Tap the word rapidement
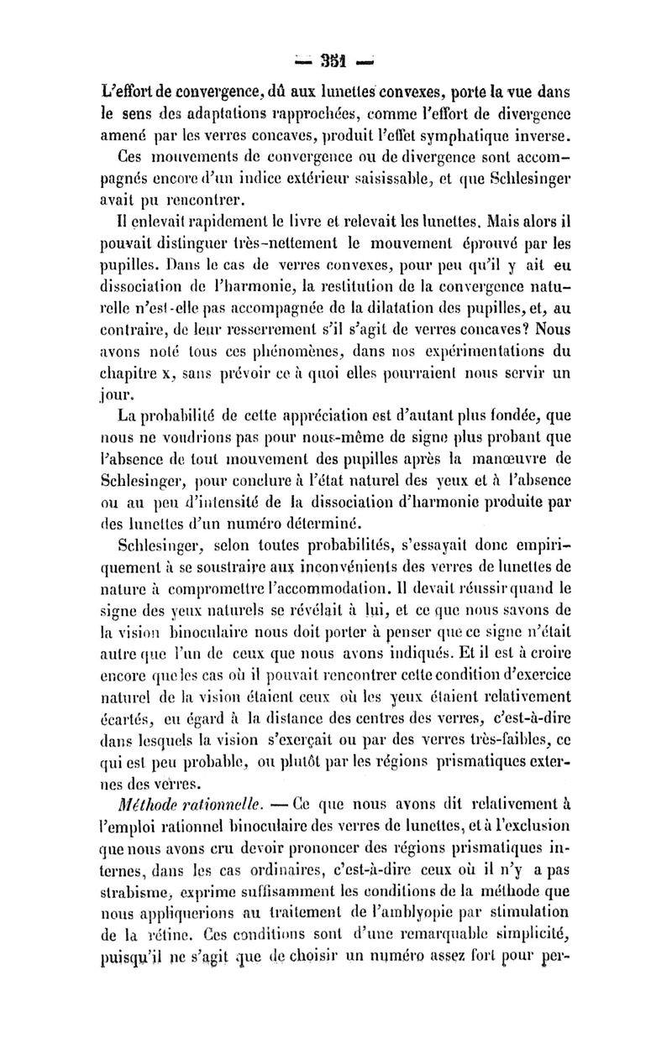pos(181,225)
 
